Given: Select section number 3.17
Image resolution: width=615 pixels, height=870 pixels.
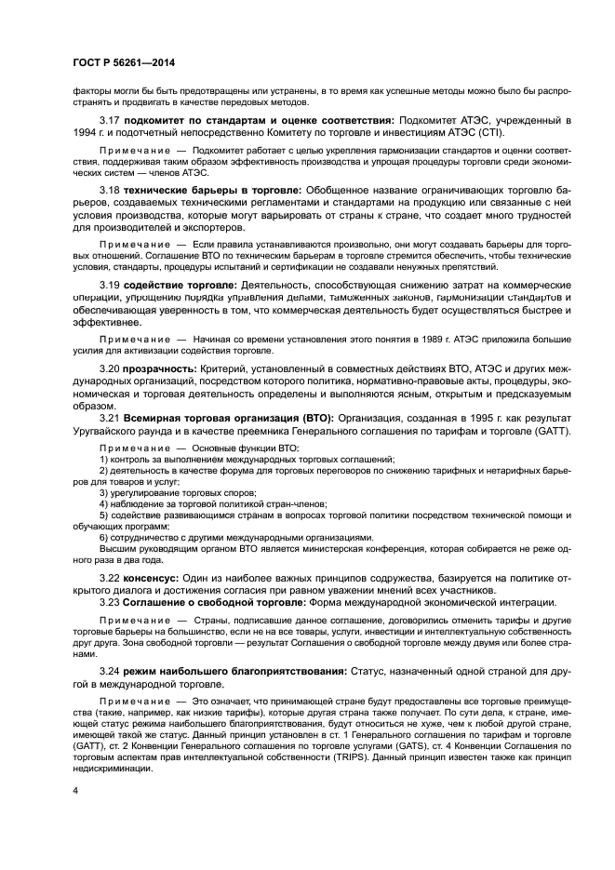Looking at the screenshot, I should point(110,121).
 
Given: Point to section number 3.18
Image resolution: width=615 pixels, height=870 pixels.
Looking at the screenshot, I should point(110,190).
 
